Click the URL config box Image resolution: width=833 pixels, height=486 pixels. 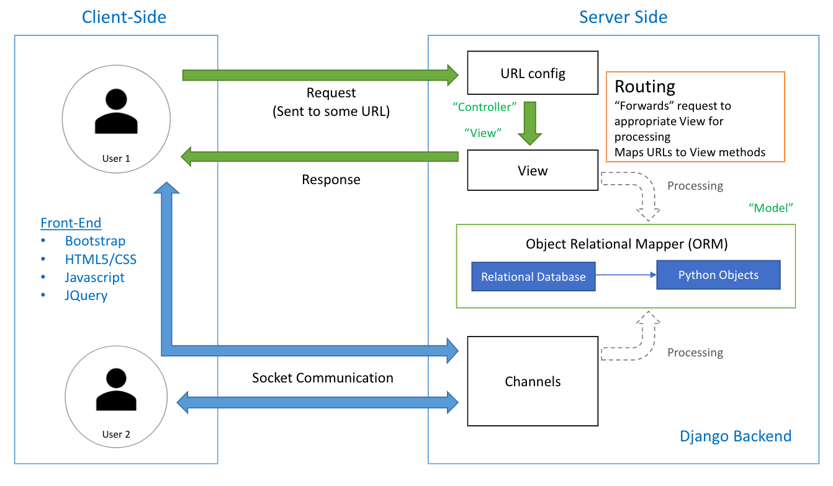pyautogui.click(x=533, y=74)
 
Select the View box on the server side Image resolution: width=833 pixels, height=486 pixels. pyautogui.click(x=533, y=171)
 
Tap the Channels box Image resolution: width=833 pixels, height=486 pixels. pyautogui.click(x=533, y=381)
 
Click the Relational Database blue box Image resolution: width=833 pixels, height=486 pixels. pyautogui.click(x=533, y=277)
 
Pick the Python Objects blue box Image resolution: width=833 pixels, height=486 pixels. pyautogui.click(x=718, y=275)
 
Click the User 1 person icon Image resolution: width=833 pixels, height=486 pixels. pyautogui.click(x=116, y=112)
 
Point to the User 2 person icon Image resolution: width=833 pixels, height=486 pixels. pyautogui.click(x=116, y=389)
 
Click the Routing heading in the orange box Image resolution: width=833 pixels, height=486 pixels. pyautogui.click(x=644, y=86)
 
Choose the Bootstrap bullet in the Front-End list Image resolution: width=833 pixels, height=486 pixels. pyautogui.click(x=95, y=241)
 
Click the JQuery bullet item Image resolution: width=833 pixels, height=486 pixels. pyautogui.click(x=86, y=295)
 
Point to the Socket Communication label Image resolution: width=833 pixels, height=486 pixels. pyautogui.click(x=322, y=378)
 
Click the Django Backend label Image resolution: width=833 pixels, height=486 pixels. pyautogui.click(x=736, y=436)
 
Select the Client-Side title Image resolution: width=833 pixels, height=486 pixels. pyautogui.click(x=124, y=17)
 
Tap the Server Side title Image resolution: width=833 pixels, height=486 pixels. pyautogui.click(x=623, y=17)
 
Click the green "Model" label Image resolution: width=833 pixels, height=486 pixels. pyautogui.click(x=772, y=208)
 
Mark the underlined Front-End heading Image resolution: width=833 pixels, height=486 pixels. pyautogui.click(x=71, y=223)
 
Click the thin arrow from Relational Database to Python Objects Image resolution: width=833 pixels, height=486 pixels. pyautogui.click(x=626, y=275)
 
